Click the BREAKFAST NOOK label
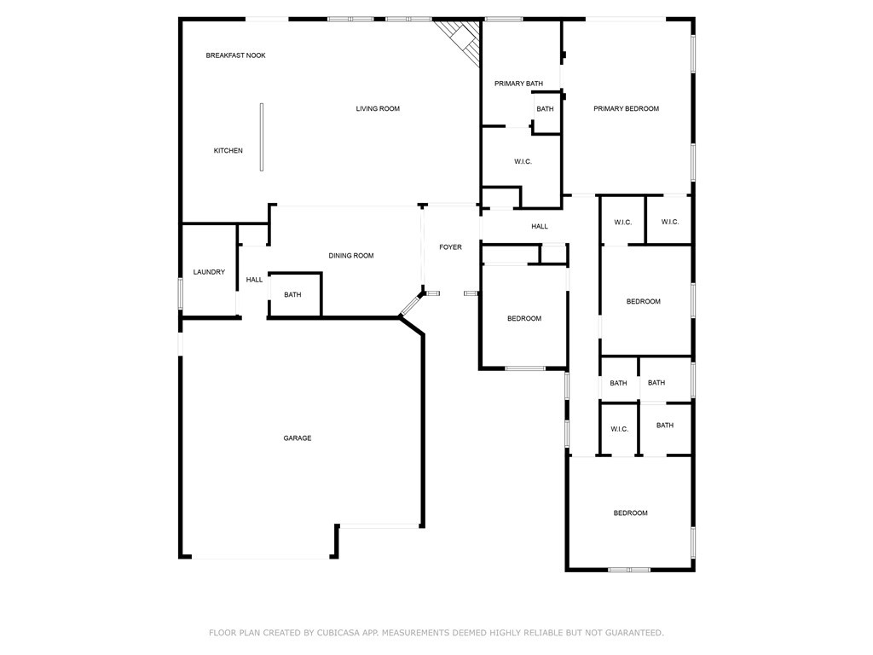(235, 55)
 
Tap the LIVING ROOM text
(378, 108)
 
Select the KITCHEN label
(228, 150)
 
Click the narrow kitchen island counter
(261, 137)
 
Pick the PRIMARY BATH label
(518, 84)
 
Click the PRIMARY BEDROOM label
(626, 108)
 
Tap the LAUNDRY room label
(210, 272)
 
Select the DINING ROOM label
(350, 256)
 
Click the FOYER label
(450, 246)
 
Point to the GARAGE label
(298, 438)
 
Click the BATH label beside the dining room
(293, 294)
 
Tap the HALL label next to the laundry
(254, 280)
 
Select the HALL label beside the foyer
(540, 226)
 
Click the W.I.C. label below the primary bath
(523, 161)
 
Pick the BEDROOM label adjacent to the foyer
(524, 319)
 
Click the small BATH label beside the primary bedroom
(545, 109)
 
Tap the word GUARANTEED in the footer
(634, 633)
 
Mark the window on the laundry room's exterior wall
(181, 293)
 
